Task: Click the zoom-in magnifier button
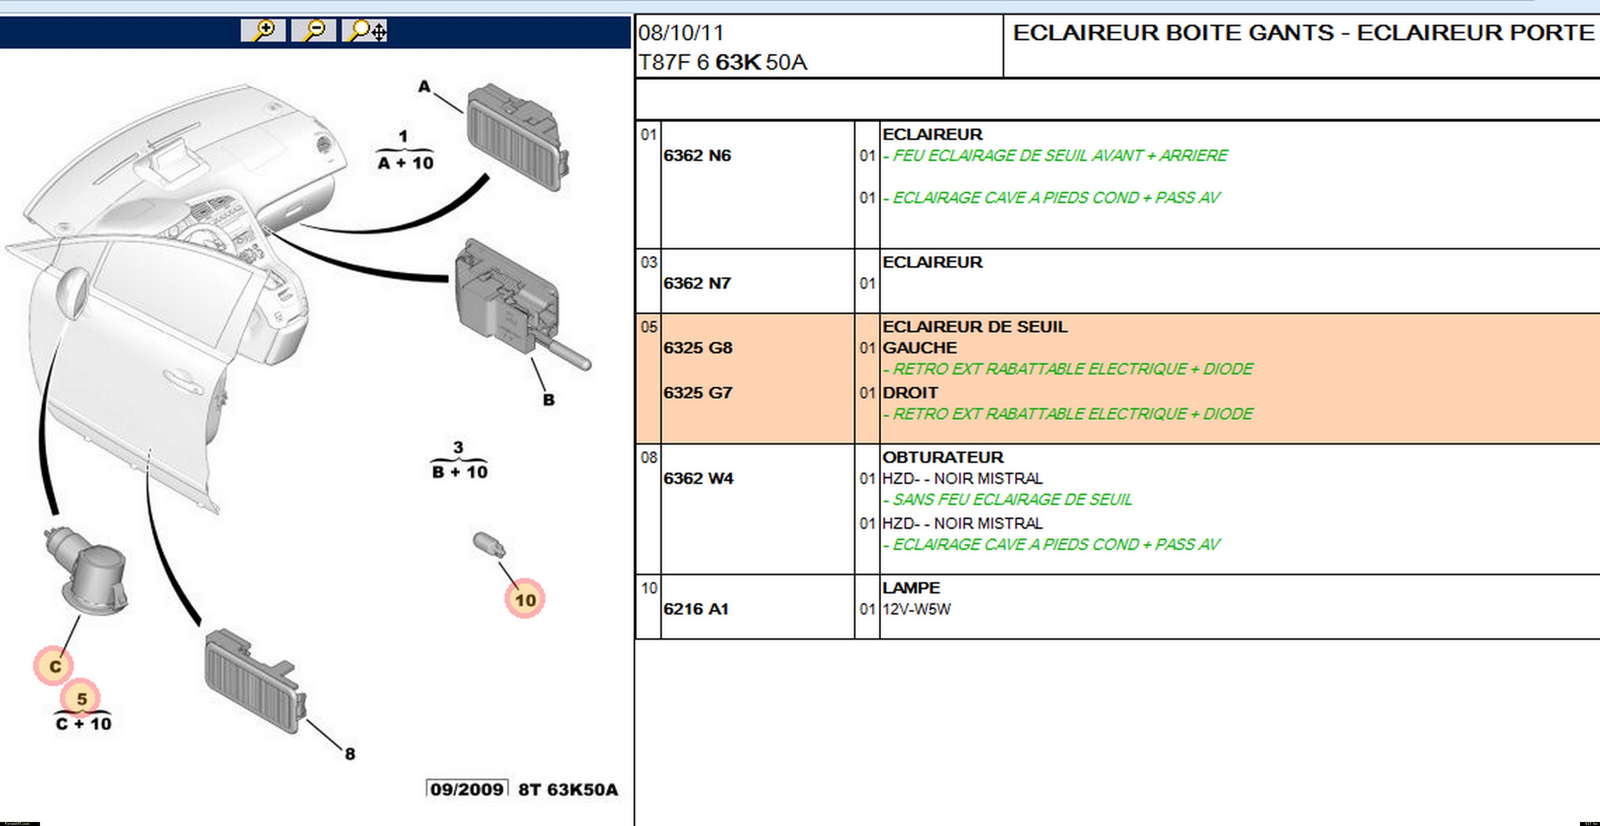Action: (x=263, y=30)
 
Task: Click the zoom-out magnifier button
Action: (x=314, y=30)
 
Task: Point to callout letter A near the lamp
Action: (x=424, y=86)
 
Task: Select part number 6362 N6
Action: (x=697, y=155)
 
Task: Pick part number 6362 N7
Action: (x=697, y=283)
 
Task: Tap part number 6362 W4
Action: (x=698, y=478)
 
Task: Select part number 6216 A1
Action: (x=696, y=609)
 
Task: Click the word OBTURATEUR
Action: (x=942, y=457)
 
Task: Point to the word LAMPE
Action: (x=911, y=588)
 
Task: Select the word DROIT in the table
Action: (x=910, y=392)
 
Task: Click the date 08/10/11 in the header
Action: (x=681, y=33)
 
